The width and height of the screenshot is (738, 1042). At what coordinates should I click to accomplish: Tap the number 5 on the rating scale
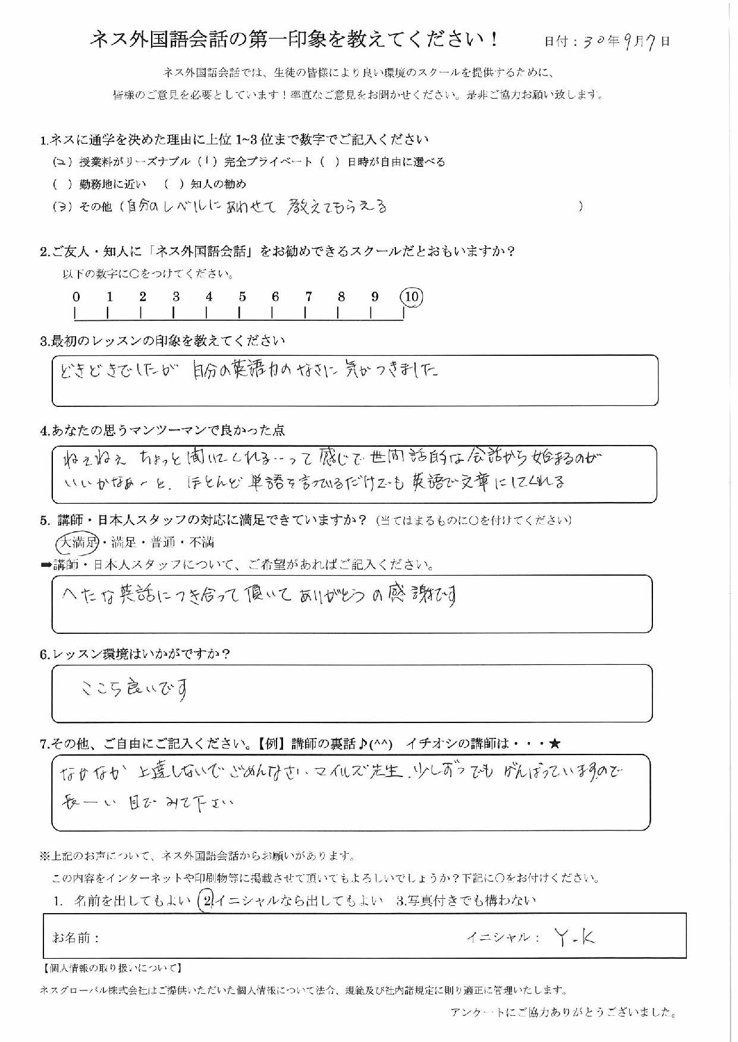pyautogui.click(x=242, y=296)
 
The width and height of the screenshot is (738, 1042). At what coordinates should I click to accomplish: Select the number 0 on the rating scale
pyautogui.click(x=76, y=296)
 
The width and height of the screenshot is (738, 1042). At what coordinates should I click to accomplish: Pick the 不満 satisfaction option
pyautogui.click(x=202, y=542)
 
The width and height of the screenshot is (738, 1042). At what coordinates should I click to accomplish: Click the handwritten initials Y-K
pyautogui.click(x=574, y=937)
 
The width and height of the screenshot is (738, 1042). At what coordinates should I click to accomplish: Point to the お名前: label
pyautogui.click(x=76, y=937)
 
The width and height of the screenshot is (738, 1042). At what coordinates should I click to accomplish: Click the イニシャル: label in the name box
pyautogui.click(x=503, y=937)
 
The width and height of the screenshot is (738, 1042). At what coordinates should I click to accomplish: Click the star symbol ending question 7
pyautogui.click(x=555, y=743)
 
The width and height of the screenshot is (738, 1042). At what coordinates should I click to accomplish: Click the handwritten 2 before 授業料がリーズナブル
pyautogui.click(x=62, y=162)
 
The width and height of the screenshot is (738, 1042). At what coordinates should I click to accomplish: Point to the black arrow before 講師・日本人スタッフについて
pyautogui.click(x=46, y=565)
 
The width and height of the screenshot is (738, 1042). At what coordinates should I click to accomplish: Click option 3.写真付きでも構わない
pyautogui.click(x=466, y=901)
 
